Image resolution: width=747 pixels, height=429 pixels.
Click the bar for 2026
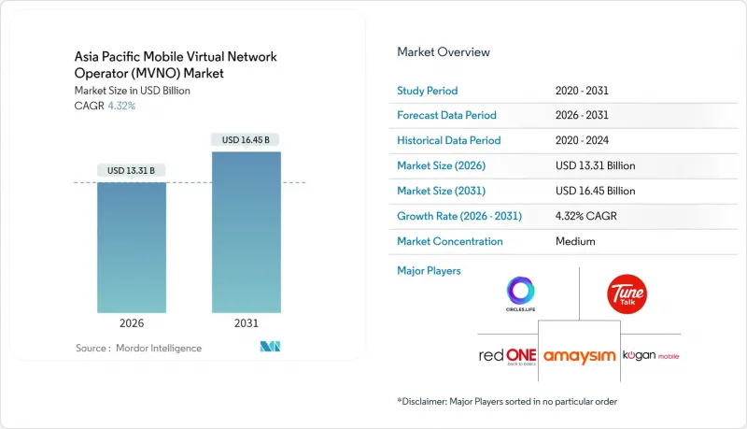(132, 248)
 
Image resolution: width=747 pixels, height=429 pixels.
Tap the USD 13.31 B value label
(132, 170)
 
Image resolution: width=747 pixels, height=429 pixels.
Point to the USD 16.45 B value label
(246, 140)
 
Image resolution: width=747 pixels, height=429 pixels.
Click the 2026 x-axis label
(132, 323)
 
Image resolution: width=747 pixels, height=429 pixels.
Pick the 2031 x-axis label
(246, 323)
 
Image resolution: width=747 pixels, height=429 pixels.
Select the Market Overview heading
(444, 52)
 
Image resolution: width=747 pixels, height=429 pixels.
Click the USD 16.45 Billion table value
(595, 191)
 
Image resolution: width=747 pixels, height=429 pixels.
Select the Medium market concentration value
(574, 241)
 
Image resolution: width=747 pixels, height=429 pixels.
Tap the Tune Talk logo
(627, 293)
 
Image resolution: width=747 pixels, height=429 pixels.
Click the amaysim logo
(580, 358)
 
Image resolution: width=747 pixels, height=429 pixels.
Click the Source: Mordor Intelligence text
(138, 349)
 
